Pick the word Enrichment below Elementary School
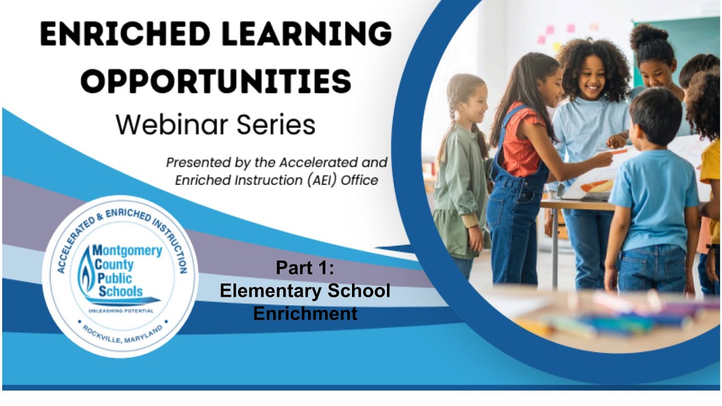305,313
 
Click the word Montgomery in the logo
126,250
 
